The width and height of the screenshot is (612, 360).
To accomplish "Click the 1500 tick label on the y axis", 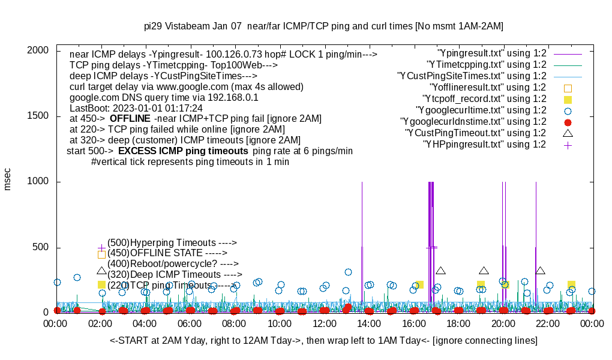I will click(x=40, y=116).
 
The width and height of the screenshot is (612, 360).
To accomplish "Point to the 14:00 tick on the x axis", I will click(x=368, y=324).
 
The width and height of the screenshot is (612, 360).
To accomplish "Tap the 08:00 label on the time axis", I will click(x=234, y=324).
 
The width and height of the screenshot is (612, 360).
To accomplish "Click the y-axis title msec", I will click(x=8, y=179).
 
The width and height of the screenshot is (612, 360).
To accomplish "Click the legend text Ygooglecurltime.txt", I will click(x=481, y=110).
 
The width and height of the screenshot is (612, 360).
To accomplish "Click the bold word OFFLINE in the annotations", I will click(x=130, y=119).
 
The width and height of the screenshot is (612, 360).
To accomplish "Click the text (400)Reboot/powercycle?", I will click(x=163, y=263).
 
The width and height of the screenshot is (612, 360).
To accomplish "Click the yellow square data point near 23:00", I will click(x=572, y=284).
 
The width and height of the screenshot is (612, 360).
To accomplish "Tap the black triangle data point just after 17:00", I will click(x=441, y=271).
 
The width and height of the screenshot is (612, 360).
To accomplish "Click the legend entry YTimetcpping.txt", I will click(x=486, y=65).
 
